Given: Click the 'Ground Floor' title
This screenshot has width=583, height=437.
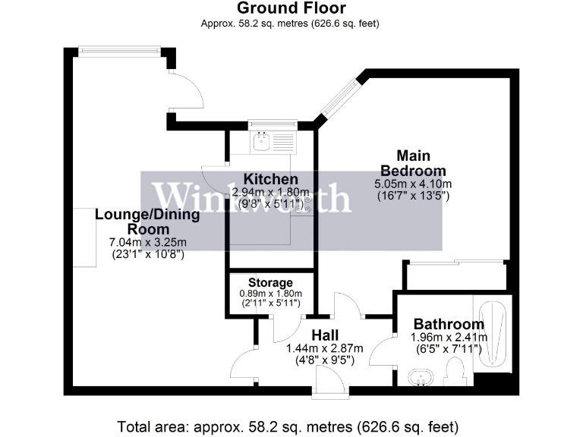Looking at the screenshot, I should pos(291,9).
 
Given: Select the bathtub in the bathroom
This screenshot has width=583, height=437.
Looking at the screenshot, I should pos(491,333).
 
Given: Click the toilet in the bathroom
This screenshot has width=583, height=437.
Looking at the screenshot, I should pos(456,373).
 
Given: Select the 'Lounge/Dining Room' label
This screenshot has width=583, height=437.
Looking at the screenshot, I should pos(147,222).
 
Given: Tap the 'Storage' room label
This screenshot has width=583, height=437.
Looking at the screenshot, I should pos(270,283).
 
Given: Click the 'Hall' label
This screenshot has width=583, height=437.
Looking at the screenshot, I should pos(324,335).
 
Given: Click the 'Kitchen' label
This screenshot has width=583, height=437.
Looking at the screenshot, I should pos(270,179).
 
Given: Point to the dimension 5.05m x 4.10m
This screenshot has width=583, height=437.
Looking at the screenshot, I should pos(413,184).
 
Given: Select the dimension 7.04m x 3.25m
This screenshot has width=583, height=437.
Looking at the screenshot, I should pos(147,243).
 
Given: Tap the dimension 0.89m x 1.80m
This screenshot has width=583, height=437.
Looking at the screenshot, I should pos(270,294).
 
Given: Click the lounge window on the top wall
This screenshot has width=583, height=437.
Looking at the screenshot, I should pos(119,52).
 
